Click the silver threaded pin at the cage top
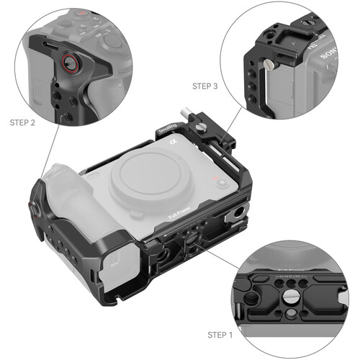tap(184, 114)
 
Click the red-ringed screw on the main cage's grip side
tap(33, 208)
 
